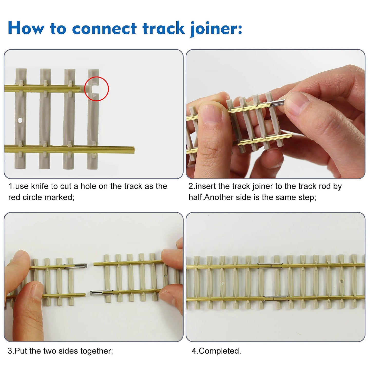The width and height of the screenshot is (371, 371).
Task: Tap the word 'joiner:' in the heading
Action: coord(216,28)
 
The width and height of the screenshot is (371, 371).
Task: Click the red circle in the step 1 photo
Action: coord(97,89)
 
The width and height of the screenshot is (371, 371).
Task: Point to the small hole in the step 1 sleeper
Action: coord(20,120)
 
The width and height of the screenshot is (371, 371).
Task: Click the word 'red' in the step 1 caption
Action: coord(14,197)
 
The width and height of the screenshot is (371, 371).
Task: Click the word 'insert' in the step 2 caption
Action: coord(205,186)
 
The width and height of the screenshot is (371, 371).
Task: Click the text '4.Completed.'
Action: coord(216,351)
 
